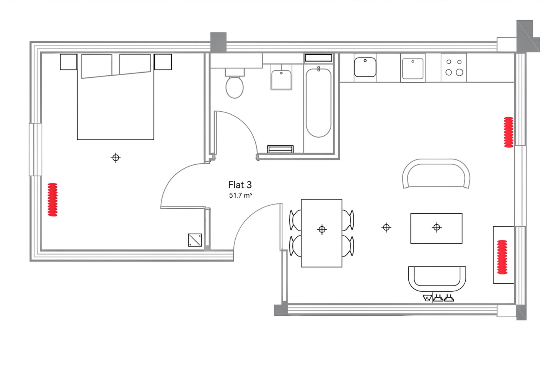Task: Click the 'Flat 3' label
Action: pos(240,185)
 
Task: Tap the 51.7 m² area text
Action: pos(240,196)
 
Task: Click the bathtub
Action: pos(318,102)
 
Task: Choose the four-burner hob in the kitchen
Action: pos(454,67)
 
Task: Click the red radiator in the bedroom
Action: pos(52,200)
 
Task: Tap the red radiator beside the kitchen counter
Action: pos(509,132)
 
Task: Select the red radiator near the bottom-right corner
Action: pos(502,257)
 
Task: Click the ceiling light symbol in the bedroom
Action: pos(116,158)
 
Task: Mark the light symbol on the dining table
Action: pos(322,229)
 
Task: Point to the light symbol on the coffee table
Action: pos(437,227)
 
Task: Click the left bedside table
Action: pos(68,62)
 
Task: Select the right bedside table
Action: pos(163,62)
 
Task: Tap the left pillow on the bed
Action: pos(96,65)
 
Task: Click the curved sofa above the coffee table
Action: pos(436,174)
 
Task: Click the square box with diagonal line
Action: pos(195,240)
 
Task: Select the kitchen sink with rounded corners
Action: pos(365,67)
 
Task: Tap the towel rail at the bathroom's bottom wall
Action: pos(280,149)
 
